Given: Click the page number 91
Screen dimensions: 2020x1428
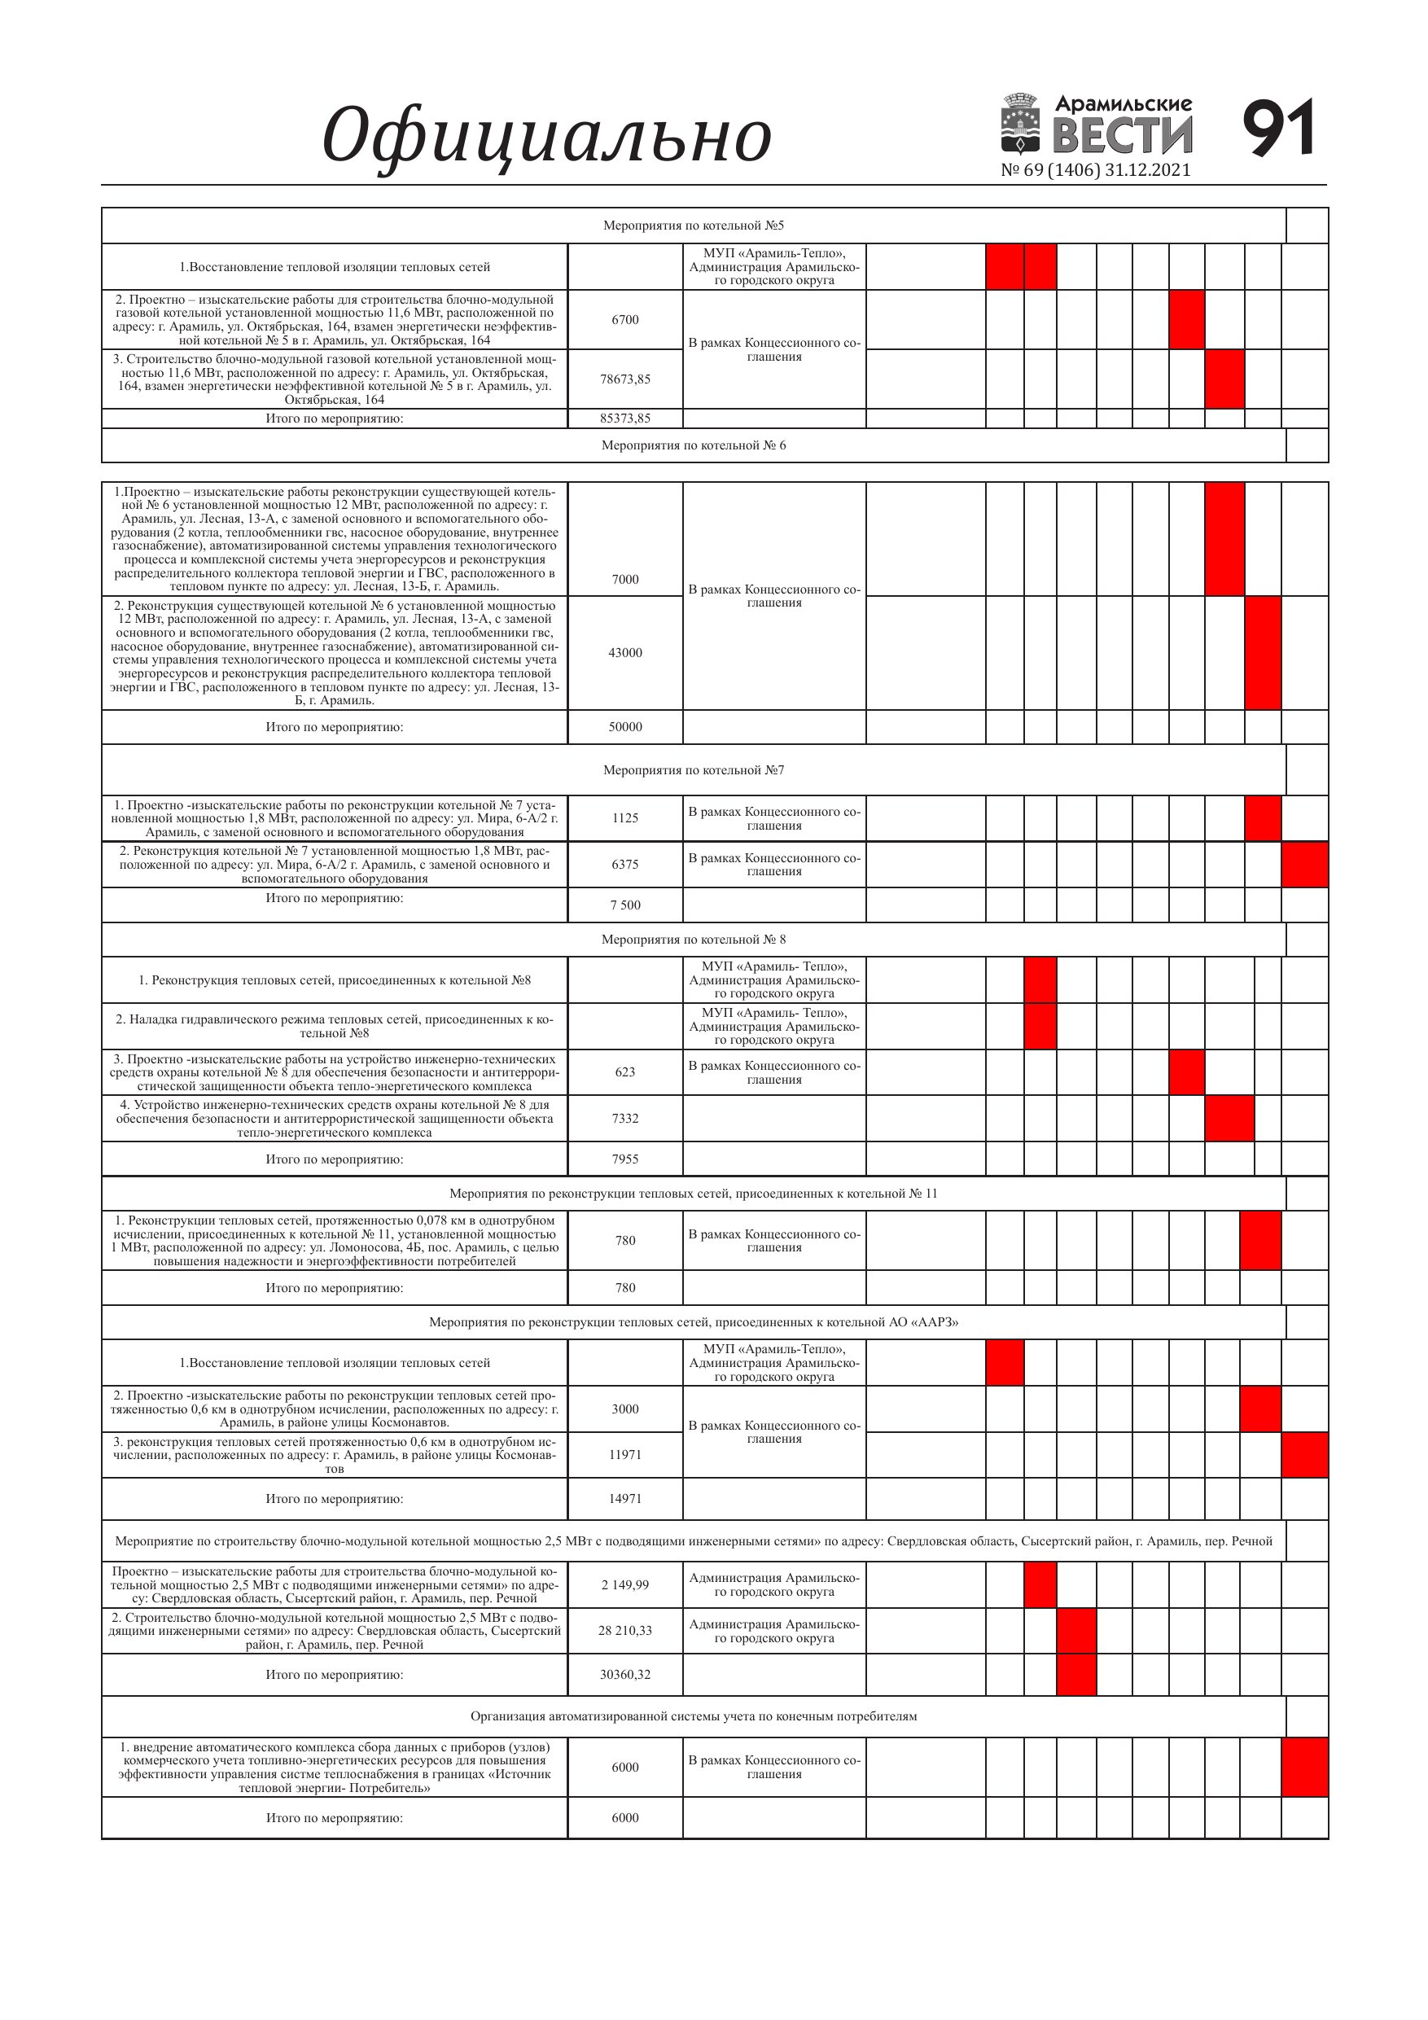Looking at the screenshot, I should [1278, 129].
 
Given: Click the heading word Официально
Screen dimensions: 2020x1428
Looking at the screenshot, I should [546, 136].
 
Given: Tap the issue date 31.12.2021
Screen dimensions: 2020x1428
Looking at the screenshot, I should [1146, 170].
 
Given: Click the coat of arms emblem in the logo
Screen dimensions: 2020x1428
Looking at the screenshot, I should [1022, 124].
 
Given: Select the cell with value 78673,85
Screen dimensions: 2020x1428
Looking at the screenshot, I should [624, 379].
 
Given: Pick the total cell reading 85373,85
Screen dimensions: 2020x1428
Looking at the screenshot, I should [624, 418].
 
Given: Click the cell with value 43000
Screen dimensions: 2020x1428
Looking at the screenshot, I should [624, 653].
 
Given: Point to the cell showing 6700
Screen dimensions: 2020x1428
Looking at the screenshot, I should [624, 319].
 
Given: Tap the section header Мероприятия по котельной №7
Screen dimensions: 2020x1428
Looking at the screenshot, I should [694, 771].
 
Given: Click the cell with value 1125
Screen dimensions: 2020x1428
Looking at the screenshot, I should [624, 818].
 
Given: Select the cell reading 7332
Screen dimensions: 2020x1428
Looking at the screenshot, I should [624, 1118].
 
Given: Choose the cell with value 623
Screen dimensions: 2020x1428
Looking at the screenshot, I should [624, 1071].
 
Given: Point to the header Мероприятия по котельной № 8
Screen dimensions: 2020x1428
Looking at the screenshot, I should [694, 940].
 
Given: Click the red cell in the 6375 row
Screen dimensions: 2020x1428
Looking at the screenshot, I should [1304, 865].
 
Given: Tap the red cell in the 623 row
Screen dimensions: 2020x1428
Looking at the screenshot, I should [1186, 1071].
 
